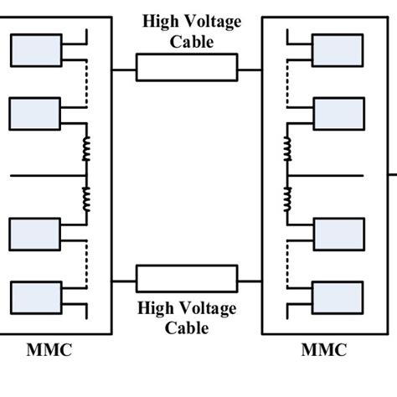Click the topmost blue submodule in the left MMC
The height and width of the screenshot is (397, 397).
[36, 51]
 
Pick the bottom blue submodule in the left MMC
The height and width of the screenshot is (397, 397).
[36, 296]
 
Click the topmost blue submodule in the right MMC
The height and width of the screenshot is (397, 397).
[338, 51]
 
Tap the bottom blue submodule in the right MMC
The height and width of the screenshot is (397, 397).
[338, 296]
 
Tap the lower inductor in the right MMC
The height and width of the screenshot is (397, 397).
[287, 199]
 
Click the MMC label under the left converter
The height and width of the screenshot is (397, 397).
[49, 350]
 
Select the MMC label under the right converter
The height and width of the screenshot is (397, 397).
[323, 350]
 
